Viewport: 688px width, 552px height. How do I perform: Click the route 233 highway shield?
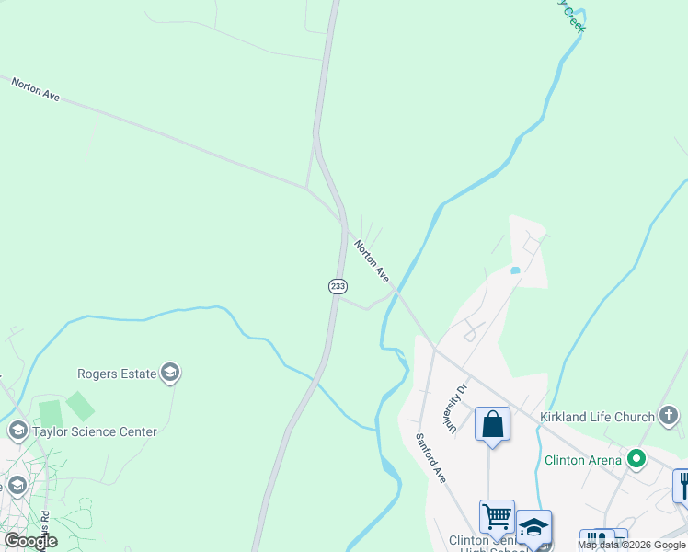point(338,286)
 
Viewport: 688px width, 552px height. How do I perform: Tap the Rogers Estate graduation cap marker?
point(170,373)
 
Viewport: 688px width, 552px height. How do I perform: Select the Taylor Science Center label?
point(95,431)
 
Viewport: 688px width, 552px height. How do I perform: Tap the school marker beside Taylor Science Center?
point(17,431)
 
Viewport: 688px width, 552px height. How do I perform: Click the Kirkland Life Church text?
point(596,417)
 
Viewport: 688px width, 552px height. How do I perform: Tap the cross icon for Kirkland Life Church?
point(669,417)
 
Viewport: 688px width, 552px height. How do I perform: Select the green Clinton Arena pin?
point(636,458)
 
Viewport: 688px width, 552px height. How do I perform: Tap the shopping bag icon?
point(493,425)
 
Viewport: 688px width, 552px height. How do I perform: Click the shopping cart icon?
point(497,516)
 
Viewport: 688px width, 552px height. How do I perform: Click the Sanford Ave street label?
point(430,459)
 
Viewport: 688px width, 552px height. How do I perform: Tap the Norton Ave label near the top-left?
point(36,89)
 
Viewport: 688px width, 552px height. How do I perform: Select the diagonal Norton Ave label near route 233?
point(373,260)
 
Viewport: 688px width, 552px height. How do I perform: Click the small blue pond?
point(514,270)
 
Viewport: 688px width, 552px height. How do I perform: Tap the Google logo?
point(30,541)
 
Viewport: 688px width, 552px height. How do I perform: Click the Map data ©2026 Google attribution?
point(632,545)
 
